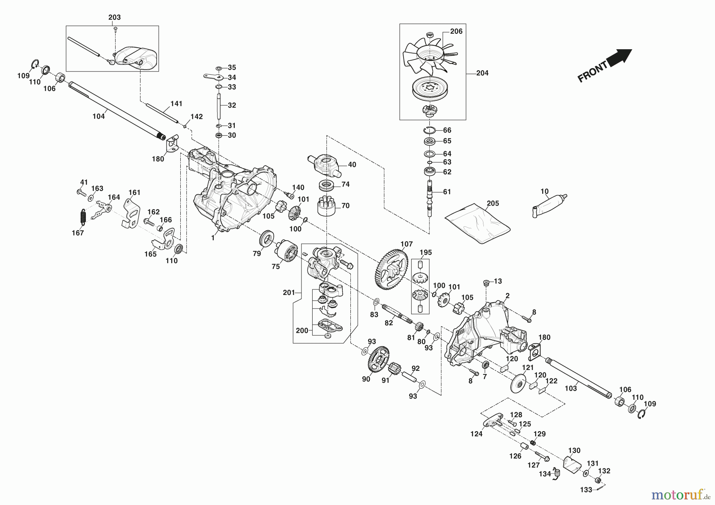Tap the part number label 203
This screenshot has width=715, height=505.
pyautogui.click(x=114, y=17)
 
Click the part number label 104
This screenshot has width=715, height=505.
pyautogui.click(x=99, y=116)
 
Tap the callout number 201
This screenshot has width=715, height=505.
pyautogui.click(x=289, y=293)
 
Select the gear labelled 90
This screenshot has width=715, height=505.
pyautogui.click(x=379, y=360)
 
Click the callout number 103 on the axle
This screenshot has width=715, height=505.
pyautogui.click(x=571, y=388)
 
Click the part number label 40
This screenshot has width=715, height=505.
pyautogui.click(x=352, y=165)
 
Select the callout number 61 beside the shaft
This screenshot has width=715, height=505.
pyautogui.click(x=447, y=192)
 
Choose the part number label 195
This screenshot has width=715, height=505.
pyautogui.click(x=425, y=252)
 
